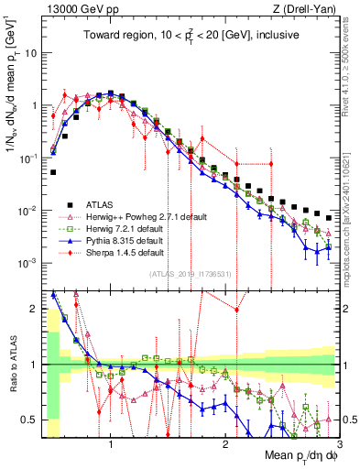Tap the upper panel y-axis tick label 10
point(31,53)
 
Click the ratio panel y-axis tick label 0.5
point(31,420)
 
